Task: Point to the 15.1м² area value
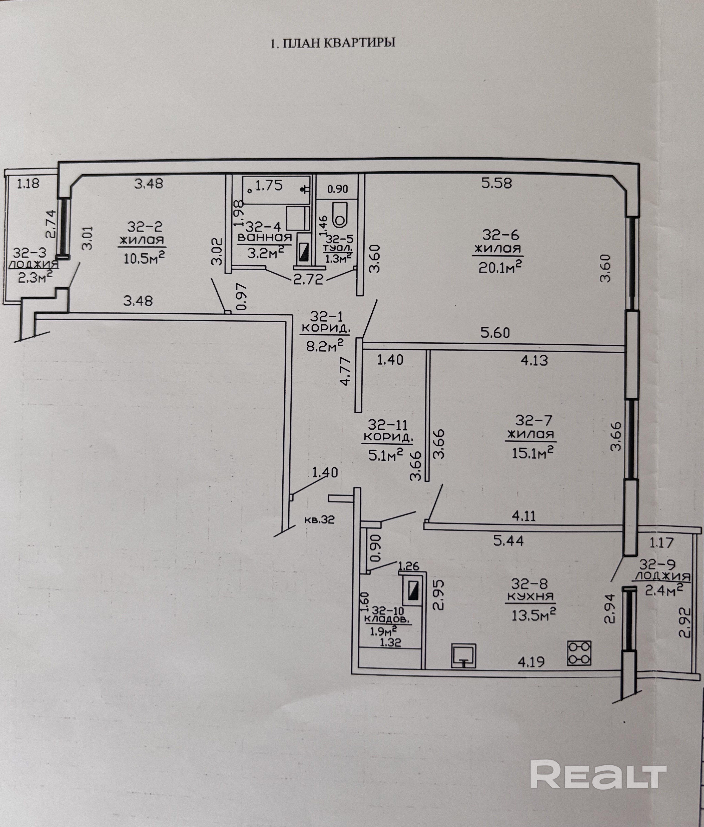point(532,452)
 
